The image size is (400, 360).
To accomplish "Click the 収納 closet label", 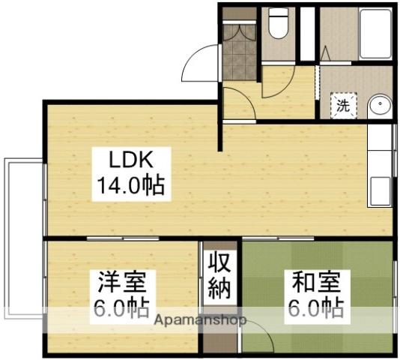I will pos(219,277).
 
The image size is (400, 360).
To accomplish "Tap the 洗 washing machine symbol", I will pos(343,106).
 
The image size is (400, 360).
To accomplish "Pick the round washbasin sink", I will pos(381,104).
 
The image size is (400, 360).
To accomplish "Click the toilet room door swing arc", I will pos(274,82).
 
